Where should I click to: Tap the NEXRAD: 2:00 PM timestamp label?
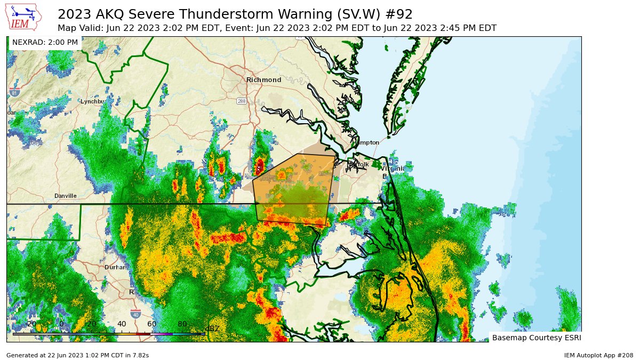coord(45,42)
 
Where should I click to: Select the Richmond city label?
coord(263,80)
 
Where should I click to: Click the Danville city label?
coord(65,196)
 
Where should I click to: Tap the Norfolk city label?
coord(358,164)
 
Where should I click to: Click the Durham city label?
coord(115,267)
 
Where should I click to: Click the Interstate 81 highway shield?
coord(14,92)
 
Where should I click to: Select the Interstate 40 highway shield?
coord(136,314)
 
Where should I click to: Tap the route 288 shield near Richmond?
coord(242,101)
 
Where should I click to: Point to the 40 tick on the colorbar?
coord(122,324)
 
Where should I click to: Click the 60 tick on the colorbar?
coord(152,324)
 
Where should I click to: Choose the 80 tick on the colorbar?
coord(182,324)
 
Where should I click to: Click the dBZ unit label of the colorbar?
coord(212,328)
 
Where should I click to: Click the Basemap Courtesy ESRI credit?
coord(536,338)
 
